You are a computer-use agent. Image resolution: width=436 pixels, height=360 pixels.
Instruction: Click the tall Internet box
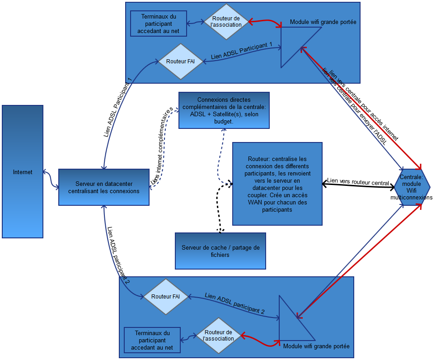pos(23,172)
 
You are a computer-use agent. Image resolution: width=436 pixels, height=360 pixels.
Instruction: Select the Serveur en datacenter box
pos(104,187)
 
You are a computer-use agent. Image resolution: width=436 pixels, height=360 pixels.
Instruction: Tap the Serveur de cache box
pos(220,251)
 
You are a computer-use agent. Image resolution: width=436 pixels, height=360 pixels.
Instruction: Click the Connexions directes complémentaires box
pos(224,110)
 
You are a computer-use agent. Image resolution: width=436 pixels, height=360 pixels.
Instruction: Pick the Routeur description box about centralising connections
pos(277,184)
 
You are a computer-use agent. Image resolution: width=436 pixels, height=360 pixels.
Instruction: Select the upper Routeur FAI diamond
pos(180,62)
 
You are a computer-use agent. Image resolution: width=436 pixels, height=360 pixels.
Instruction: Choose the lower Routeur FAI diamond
pos(165,297)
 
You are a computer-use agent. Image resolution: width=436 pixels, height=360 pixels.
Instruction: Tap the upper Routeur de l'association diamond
pos(226,22)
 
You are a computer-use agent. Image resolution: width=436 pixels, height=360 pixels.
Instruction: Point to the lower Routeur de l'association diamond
pos(219,336)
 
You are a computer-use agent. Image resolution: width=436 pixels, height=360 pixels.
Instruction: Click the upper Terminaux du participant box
pos(158,24)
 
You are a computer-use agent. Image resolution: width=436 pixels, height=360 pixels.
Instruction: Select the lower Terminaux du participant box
pos(152,340)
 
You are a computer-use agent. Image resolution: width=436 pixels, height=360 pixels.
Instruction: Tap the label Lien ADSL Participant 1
pos(242,52)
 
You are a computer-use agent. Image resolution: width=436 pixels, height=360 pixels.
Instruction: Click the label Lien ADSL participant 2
pos(234,303)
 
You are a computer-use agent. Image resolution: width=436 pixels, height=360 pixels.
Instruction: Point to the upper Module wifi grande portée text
pos(325,22)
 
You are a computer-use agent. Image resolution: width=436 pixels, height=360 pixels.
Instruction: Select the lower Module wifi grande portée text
pos(316,346)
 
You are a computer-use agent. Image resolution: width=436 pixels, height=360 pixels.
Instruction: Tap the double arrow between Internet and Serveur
pos(51,179)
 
